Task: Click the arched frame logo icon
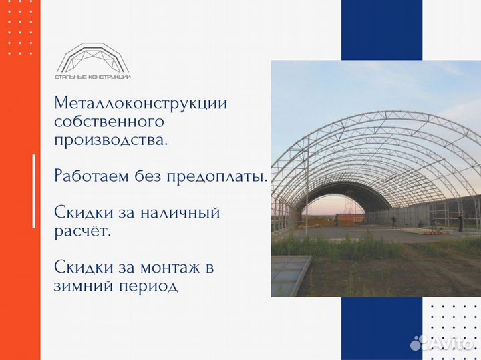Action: [94, 57]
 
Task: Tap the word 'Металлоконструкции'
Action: [141, 104]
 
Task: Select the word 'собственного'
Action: [109, 122]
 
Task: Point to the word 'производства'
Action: [110, 141]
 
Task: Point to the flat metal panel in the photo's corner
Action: [291, 273]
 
